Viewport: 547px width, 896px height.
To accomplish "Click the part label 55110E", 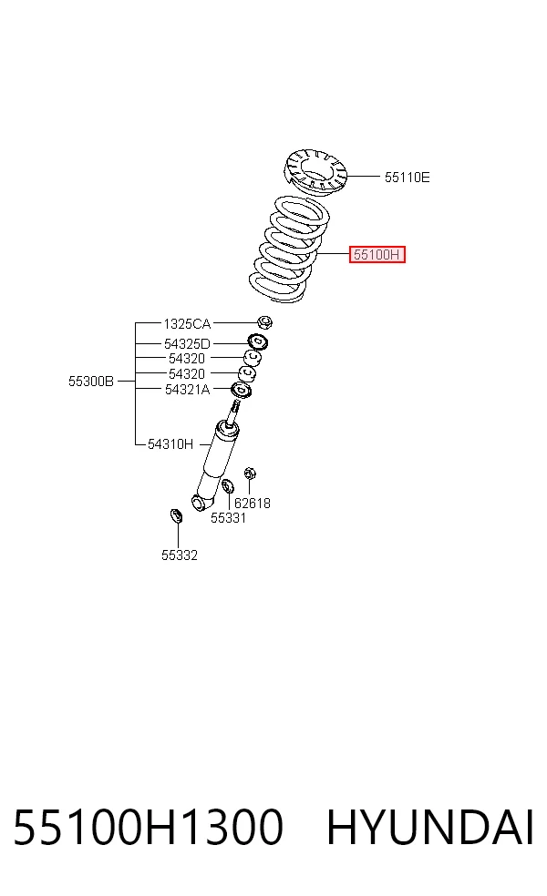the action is (x=407, y=178).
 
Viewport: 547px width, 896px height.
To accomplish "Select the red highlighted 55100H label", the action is (x=377, y=254).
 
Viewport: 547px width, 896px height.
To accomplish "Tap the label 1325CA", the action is (x=187, y=324).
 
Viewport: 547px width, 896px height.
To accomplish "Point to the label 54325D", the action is (x=187, y=344).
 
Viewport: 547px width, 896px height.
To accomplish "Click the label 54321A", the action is (x=187, y=390).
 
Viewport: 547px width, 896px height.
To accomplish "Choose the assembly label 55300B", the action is (x=91, y=382).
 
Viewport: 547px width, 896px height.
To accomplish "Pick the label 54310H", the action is (x=170, y=444).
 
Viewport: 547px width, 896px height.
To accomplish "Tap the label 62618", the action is (x=253, y=504).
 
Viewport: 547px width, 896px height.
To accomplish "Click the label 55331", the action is (x=228, y=518).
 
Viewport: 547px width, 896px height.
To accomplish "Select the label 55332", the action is (x=179, y=555).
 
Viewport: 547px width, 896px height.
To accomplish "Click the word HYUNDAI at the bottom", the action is (x=430, y=827).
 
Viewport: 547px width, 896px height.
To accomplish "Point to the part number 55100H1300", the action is (x=149, y=827).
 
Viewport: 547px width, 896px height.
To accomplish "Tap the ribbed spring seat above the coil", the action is (x=315, y=169).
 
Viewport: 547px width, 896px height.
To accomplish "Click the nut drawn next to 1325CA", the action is (x=264, y=322).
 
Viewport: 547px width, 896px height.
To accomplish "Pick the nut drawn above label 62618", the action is (x=250, y=473).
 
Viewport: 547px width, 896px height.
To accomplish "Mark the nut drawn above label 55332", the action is (x=176, y=516).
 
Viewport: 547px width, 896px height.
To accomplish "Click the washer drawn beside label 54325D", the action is (x=258, y=342).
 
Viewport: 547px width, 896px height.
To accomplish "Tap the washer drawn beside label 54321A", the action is (x=241, y=391).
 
